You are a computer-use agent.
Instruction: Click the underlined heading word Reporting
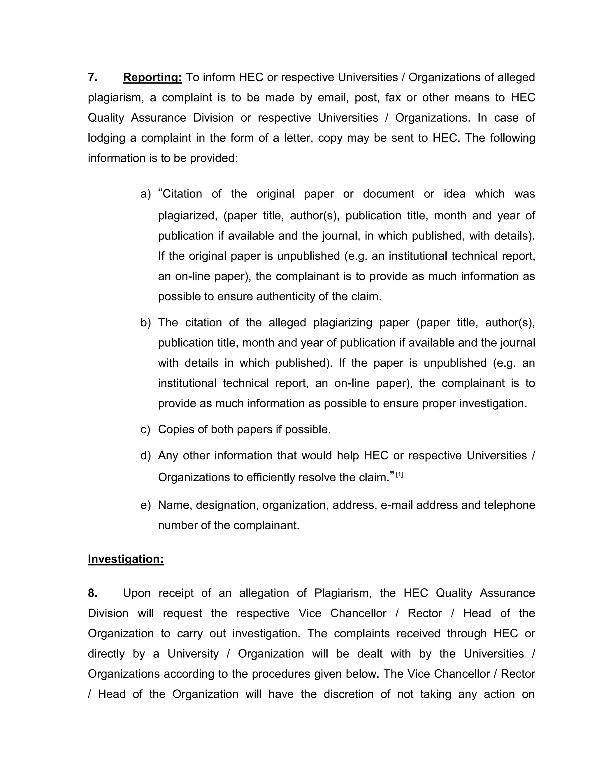pos(152,77)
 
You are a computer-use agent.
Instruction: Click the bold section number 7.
pos(93,77)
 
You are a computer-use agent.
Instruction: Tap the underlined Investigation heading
pos(126,559)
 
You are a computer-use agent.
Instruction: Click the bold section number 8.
pos(93,593)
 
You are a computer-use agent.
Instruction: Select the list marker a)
pos(145,194)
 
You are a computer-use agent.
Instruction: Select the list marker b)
pos(145,322)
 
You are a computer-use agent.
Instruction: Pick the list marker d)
pos(145,456)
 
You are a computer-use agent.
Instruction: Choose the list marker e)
pos(145,505)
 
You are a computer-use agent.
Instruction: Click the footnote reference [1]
pos(399,475)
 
